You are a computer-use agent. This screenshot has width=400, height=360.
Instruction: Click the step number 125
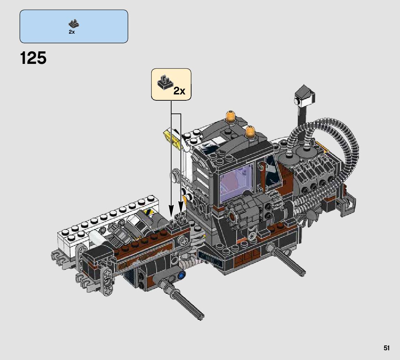(33, 58)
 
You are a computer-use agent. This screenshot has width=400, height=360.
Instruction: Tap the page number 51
(386, 348)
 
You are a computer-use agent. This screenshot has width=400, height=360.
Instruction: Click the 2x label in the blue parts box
(72, 32)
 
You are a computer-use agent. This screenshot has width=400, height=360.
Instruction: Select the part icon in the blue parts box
(74, 24)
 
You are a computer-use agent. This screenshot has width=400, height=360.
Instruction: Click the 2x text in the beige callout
(179, 91)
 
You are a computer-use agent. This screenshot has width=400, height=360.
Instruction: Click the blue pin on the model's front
(181, 275)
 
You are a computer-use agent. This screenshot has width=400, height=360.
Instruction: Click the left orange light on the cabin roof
(230, 116)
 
